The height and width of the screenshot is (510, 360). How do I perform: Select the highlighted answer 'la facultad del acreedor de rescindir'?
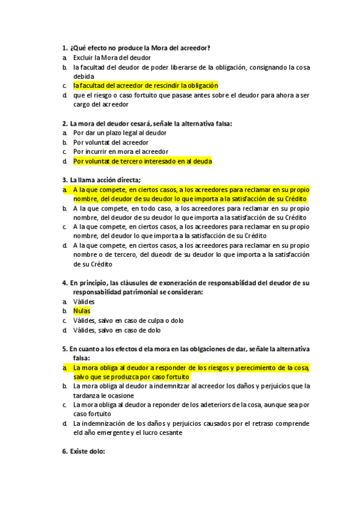point(145,86)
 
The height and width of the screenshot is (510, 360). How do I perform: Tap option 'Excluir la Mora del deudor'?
point(112,57)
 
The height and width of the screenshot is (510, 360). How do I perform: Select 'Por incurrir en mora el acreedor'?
point(120,152)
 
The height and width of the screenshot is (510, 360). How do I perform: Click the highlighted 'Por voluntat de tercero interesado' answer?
point(142,161)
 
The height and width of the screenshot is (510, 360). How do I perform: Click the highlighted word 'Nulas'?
point(81,311)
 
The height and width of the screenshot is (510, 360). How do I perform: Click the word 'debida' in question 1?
point(84,76)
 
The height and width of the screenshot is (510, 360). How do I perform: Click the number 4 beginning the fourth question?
point(64,283)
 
